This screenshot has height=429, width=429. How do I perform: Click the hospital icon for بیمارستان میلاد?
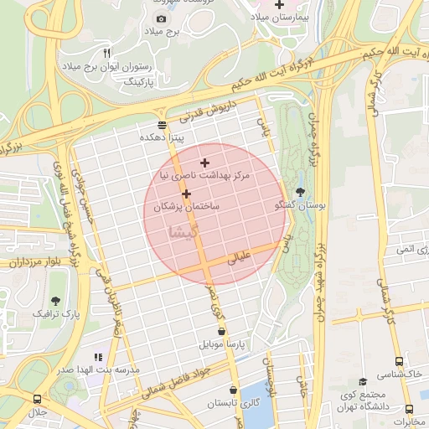(279, 5)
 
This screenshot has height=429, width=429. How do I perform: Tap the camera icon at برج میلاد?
(161, 18)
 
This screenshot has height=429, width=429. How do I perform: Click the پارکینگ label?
(140, 82)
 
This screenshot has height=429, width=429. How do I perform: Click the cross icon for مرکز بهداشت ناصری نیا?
(205, 163)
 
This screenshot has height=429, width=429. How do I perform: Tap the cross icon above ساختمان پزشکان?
(185, 194)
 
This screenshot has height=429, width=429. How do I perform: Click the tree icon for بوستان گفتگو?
(301, 192)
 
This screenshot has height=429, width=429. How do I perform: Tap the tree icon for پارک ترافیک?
(56, 300)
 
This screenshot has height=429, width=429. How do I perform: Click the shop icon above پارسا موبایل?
(222, 332)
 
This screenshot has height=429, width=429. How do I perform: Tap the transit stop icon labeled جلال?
(37, 400)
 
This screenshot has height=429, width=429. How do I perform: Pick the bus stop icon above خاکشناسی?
(400, 363)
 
